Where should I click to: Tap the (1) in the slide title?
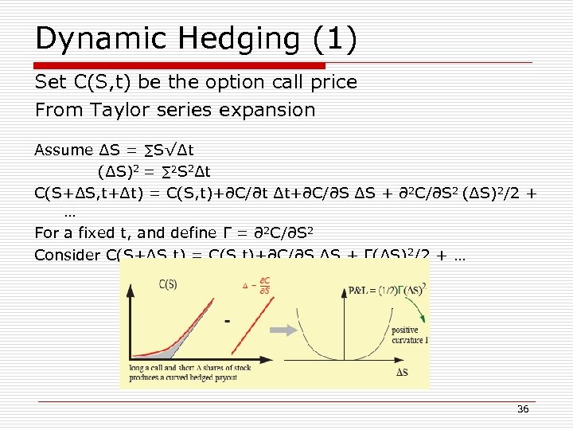click(x=333, y=39)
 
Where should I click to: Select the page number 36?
click(x=523, y=408)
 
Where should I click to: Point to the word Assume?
click(x=64, y=150)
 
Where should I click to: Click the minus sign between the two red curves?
click(x=228, y=322)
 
